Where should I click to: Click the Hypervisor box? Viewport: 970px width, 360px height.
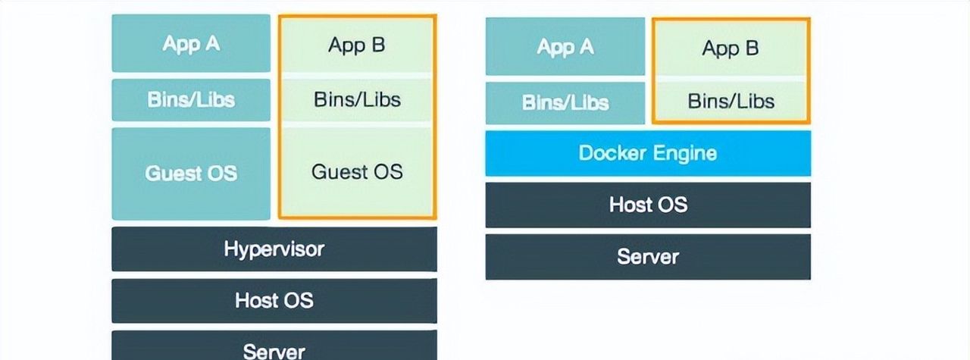pyautogui.click(x=274, y=249)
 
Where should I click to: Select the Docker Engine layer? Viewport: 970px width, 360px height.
pyautogui.click(x=647, y=153)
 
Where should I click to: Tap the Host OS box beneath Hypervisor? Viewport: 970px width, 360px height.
pyautogui.click(x=274, y=300)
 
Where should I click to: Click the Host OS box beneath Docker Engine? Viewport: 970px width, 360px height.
pyautogui.click(x=647, y=205)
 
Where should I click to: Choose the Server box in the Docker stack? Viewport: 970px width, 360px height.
pyautogui.click(x=647, y=256)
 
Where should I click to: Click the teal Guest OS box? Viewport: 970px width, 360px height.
pyautogui.click(x=191, y=174)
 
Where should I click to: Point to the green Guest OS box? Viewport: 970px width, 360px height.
pyautogui.click(x=357, y=171)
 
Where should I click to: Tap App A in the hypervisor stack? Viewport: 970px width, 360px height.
pyautogui.click(x=191, y=44)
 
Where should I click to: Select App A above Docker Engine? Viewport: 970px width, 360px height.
pyautogui.click(x=565, y=47)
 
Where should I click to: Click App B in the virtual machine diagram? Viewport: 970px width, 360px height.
pyautogui.click(x=357, y=45)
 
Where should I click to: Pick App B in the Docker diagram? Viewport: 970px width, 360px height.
pyautogui.click(x=731, y=49)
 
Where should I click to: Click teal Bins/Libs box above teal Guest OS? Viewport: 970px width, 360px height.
pyautogui.click(x=191, y=100)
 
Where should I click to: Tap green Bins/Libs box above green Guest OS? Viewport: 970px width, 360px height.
pyautogui.click(x=357, y=99)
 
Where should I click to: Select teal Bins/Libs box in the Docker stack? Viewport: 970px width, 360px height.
pyautogui.click(x=565, y=102)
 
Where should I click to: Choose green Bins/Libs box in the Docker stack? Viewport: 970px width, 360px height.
pyautogui.click(x=731, y=102)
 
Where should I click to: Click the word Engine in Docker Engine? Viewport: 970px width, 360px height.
pyautogui.click(x=684, y=153)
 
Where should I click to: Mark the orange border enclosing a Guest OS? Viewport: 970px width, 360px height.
pyautogui.click(x=435, y=114)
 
